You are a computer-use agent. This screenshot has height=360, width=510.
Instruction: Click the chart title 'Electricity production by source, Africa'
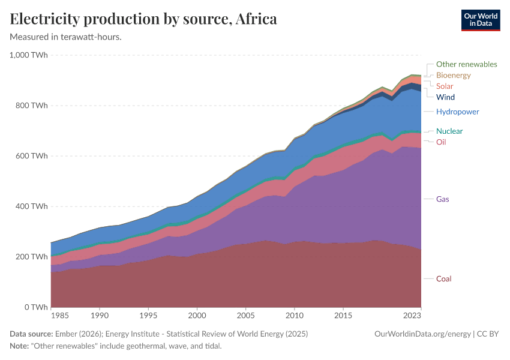point(143,19)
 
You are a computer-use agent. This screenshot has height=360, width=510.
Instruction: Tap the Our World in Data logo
point(480,20)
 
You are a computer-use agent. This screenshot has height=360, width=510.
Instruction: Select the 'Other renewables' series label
point(466,64)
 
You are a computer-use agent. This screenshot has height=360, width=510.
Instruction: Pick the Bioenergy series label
point(453,76)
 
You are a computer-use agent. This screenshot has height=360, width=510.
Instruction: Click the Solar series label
point(445,86)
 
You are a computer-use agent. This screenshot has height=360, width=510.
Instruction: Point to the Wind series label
point(445,97)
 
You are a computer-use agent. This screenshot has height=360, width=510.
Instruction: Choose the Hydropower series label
point(457,112)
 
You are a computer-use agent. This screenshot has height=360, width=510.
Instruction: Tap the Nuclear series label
point(449,131)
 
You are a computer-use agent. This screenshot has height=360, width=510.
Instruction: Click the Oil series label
point(441,142)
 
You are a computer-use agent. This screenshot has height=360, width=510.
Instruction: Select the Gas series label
point(443,199)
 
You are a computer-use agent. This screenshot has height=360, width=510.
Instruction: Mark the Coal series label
point(443,279)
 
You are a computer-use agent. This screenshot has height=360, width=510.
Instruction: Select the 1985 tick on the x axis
point(59,315)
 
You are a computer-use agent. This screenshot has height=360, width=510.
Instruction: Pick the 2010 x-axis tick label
point(294,315)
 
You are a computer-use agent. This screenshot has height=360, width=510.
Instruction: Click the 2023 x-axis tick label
point(412,315)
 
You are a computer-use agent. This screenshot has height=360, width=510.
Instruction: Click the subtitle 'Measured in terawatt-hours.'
point(66,37)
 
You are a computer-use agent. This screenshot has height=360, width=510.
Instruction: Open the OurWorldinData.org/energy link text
point(422,334)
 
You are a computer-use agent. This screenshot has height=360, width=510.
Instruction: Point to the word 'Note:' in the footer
point(20,346)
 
